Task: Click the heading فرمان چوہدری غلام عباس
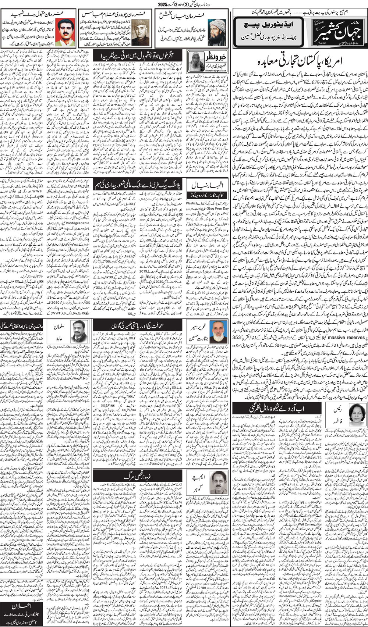point(116,14)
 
